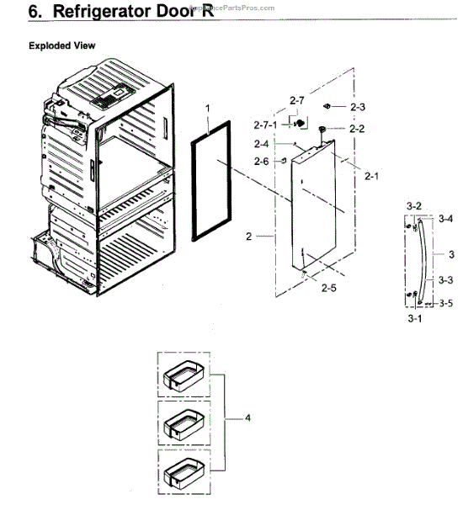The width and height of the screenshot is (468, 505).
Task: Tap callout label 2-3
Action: click(357, 108)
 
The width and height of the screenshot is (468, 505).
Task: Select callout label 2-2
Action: click(357, 129)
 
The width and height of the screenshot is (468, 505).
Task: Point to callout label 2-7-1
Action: click(265, 125)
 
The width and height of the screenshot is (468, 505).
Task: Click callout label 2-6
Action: click(262, 161)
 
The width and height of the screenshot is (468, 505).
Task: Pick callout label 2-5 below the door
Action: click(329, 289)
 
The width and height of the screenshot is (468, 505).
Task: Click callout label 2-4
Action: click(262, 144)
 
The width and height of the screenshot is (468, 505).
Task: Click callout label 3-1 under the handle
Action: click(414, 321)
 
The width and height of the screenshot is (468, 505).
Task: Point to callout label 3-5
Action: click(445, 303)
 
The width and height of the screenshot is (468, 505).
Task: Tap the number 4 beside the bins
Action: click(247, 417)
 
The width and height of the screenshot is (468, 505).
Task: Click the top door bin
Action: click(183, 375)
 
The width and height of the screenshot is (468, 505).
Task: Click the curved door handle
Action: click(425, 262)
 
